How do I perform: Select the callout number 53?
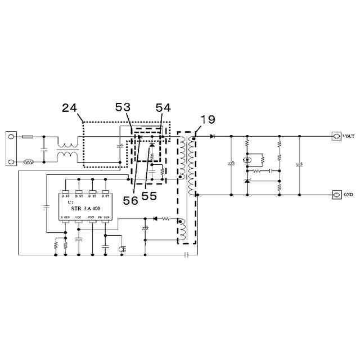[123, 106]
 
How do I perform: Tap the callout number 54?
[163, 106]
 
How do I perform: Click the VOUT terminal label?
[349, 136]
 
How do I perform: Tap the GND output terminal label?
[348, 195]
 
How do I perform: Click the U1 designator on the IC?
[70, 201]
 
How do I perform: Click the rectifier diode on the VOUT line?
[211, 136]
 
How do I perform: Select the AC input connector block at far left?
[11, 149]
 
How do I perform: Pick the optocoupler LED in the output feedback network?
[247, 160]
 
